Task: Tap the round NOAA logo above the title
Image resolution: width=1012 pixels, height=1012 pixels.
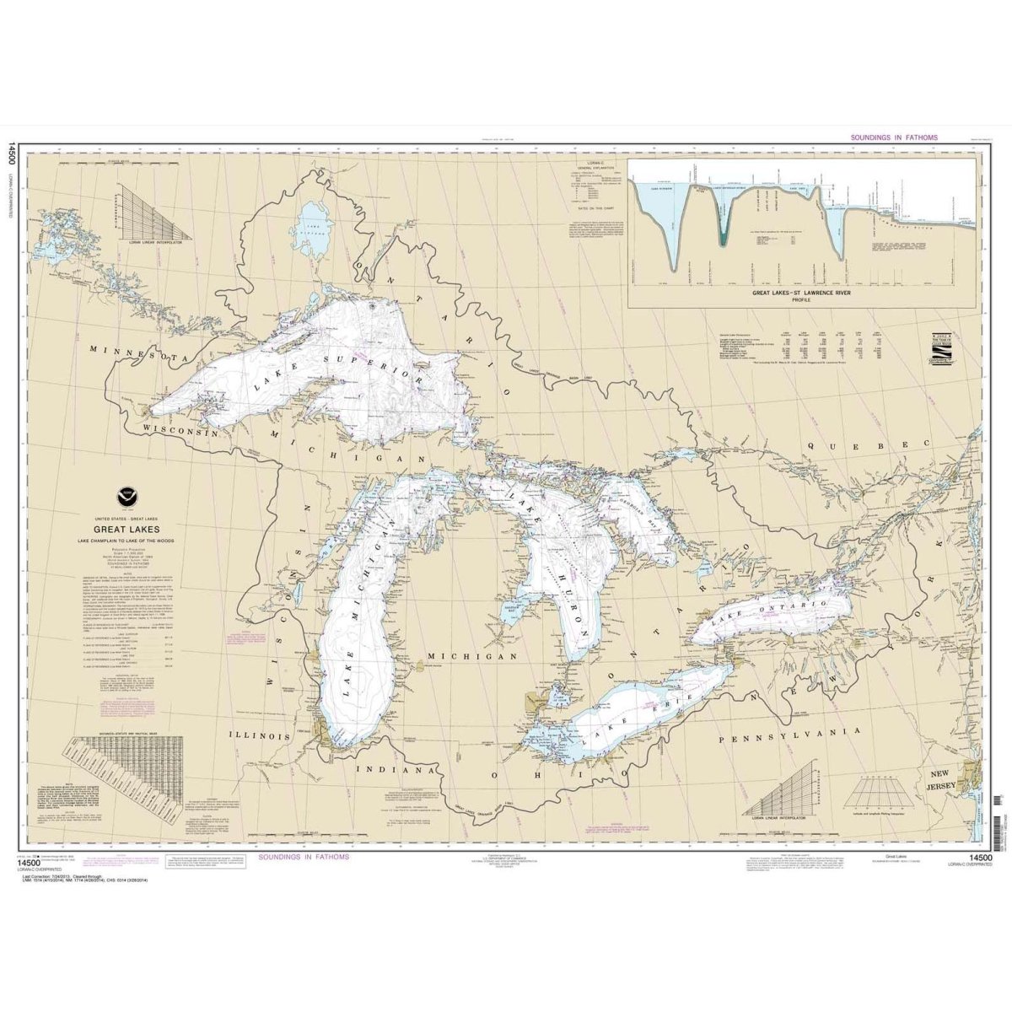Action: (127, 498)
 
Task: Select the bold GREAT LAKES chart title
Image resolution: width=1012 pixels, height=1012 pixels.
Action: (128, 530)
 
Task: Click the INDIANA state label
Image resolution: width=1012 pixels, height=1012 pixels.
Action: (396, 769)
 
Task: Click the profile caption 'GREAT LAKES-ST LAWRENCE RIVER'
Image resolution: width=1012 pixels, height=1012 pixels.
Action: (802, 292)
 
